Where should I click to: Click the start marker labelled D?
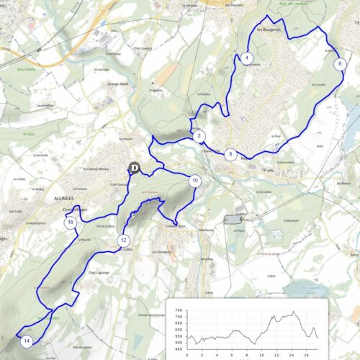134,168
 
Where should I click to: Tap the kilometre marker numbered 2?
199,136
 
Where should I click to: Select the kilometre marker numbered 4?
247,58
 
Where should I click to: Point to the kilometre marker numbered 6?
339,63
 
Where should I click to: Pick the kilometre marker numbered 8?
230,154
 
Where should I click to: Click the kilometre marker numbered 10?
194,181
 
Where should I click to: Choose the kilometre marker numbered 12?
124,240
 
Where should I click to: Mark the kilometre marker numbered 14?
27,340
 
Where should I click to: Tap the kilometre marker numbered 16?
71,222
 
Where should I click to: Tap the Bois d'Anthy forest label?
25,70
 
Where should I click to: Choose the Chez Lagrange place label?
98,273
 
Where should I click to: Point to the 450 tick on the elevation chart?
177,350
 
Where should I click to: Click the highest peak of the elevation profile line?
293,312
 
